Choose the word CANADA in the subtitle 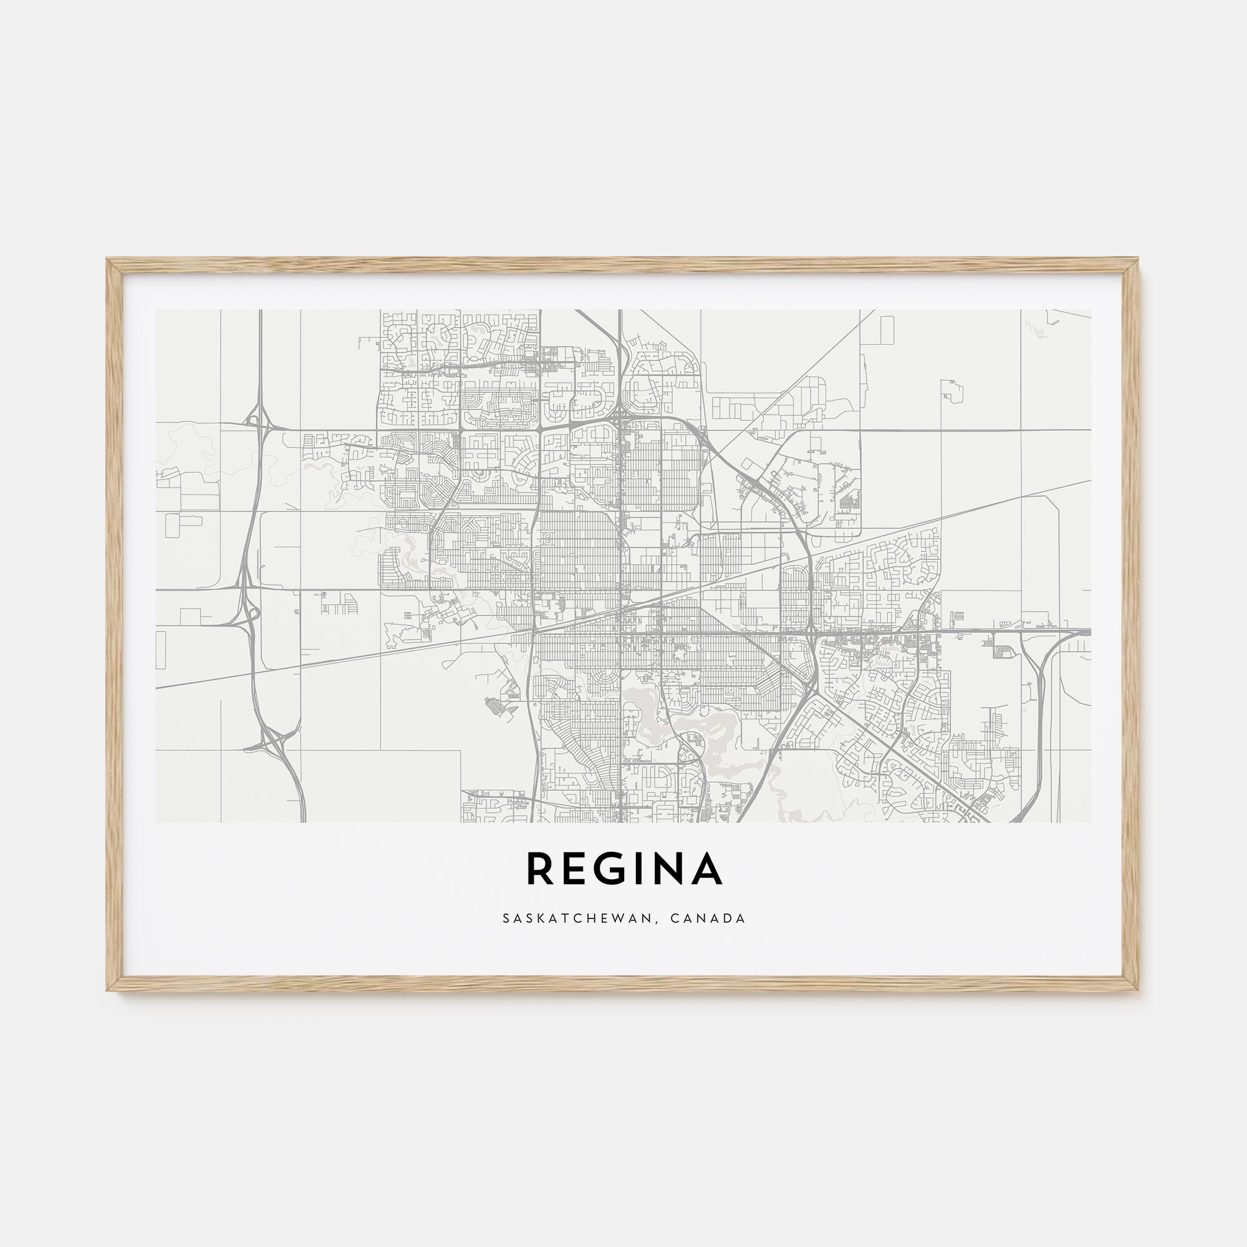(x=708, y=918)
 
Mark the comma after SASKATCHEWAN (x=658, y=922)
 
